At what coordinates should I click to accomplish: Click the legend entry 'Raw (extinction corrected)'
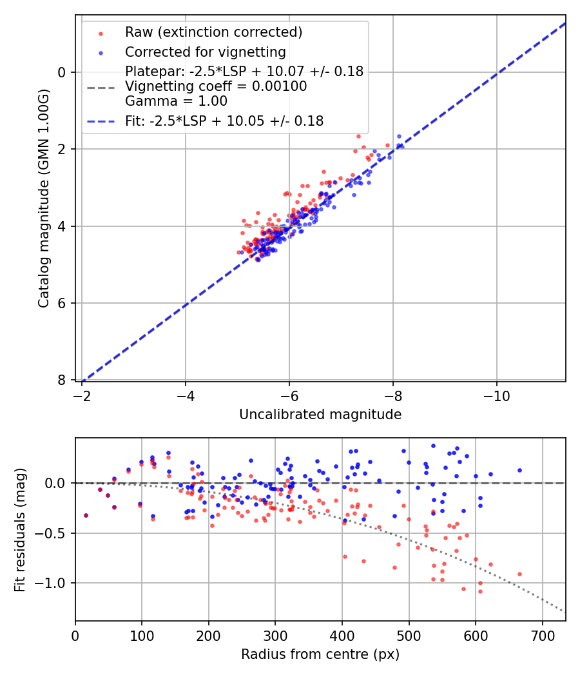point(213,32)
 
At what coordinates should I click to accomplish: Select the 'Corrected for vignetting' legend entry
point(206,52)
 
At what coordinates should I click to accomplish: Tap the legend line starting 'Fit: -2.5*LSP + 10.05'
point(224,121)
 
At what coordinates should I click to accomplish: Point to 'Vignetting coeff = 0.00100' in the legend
point(216,86)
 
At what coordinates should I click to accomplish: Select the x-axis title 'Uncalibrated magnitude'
point(320,415)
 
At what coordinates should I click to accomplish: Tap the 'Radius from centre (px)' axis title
point(320,654)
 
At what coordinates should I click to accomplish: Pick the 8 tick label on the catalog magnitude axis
point(63,380)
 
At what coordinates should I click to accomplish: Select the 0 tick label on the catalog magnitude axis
point(63,72)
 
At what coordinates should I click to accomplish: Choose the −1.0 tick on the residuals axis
point(55,583)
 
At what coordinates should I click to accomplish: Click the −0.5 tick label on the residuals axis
point(55,533)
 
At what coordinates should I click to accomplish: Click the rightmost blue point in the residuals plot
point(519,470)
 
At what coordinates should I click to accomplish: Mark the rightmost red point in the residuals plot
point(519,574)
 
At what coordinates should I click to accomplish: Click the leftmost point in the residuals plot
point(86,515)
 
